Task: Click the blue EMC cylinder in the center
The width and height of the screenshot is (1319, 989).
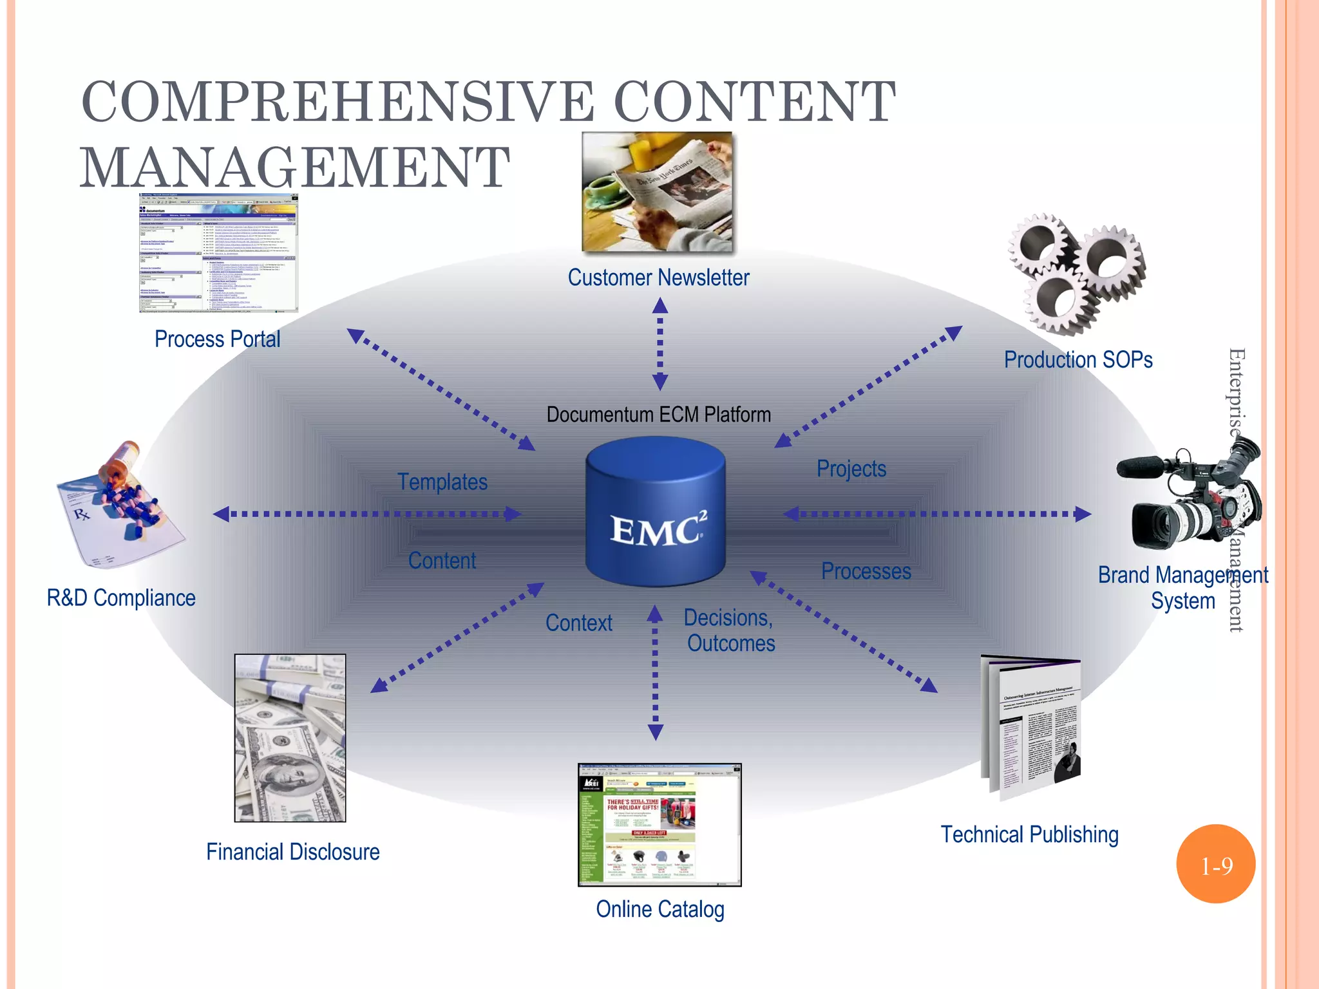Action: coord(656,512)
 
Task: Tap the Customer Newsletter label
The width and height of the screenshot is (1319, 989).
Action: coord(658,278)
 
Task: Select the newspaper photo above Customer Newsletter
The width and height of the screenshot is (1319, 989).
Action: coord(657,192)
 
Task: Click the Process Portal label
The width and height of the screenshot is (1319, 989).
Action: coord(218,339)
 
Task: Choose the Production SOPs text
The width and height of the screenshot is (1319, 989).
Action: coord(1078,360)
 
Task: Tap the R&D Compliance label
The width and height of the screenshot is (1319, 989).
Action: coord(121,598)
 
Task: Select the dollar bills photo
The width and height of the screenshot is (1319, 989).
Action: coord(290,738)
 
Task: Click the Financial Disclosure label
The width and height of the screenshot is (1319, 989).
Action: coord(293,852)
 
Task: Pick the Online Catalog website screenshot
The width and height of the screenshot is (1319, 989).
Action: coord(659,825)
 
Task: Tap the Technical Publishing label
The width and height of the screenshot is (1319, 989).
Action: coord(1029,834)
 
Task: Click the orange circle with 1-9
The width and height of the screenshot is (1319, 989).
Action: coord(1216,864)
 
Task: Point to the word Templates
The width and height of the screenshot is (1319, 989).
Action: coord(442,482)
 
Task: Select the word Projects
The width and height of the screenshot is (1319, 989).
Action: coord(851,469)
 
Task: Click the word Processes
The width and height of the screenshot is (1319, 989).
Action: coord(866,571)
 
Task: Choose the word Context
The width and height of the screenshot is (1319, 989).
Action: coord(579,623)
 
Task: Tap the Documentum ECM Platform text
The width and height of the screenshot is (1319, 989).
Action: coord(658,415)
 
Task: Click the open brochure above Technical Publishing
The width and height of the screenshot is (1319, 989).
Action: coord(1030,728)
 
